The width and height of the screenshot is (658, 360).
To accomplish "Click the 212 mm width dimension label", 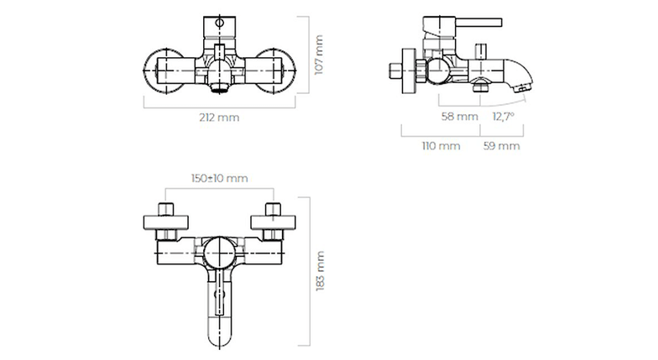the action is [219, 117].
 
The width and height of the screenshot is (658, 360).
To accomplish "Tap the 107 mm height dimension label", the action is [319, 55].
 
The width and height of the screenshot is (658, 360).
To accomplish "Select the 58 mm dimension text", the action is [460, 116].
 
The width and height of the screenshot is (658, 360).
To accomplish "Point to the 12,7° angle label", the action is [504, 116].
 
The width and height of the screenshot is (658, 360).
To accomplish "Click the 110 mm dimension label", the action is [441, 146].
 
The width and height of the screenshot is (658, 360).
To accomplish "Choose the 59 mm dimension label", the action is [502, 146].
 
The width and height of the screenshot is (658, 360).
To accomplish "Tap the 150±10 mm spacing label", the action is [220, 178].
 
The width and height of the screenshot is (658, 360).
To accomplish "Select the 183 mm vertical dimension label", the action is [321, 270].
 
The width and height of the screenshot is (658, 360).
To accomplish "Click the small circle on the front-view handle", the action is [219, 22].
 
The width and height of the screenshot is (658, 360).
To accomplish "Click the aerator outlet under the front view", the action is [219, 88].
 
